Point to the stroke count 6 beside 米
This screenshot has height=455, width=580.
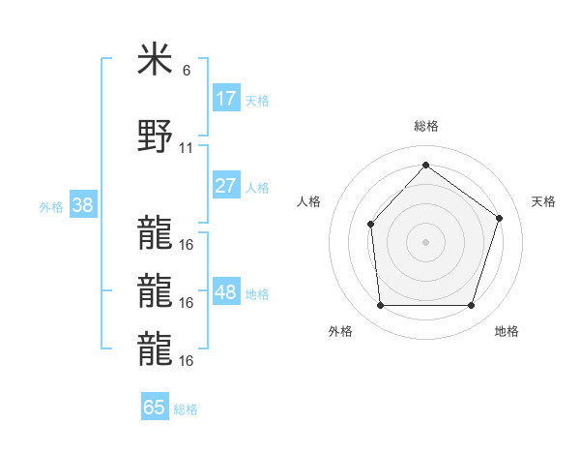tap(187, 71)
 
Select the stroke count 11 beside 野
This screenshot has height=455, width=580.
tap(187, 148)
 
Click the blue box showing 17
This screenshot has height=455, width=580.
tap(225, 98)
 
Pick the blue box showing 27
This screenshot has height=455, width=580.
tap(225, 186)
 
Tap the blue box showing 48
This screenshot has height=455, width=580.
tap(225, 292)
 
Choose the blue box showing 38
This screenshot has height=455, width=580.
tap(82, 205)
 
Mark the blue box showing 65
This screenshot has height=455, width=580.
tap(155, 408)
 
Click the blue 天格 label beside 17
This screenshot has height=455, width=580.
tap(257, 100)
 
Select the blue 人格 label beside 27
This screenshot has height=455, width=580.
tap(257, 188)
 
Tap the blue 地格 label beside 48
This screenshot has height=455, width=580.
tap(257, 294)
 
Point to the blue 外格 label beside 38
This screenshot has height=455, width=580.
tap(51, 207)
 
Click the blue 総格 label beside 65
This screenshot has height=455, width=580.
tap(186, 409)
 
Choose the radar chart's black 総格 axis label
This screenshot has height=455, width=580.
tap(425, 126)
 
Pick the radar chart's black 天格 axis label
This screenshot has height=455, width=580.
tap(543, 201)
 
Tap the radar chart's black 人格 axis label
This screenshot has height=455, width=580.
tap(309, 201)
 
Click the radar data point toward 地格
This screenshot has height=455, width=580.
tap(471, 306)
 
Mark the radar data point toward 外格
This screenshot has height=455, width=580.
tap(380, 306)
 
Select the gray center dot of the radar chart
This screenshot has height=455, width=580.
tap(425, 242)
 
